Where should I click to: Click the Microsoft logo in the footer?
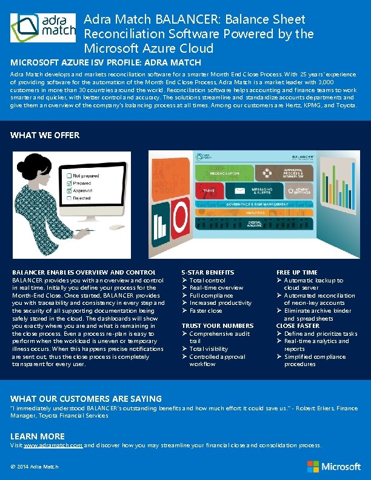coord(333,466)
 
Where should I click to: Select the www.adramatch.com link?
coord(53,445)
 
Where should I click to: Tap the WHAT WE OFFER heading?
coord(45,135)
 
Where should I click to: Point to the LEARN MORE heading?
coord(38,436)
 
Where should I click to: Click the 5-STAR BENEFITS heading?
coord(208,272)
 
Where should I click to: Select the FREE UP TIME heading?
coord(297,272)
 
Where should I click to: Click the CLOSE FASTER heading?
coord(298,325)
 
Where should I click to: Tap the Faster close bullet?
coord(206,310)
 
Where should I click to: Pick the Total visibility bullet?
coord(209,348)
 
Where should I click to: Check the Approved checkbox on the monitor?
coord(69,190)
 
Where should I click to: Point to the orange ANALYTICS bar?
coord(255,212)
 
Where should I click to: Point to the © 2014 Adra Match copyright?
coord(35,466)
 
